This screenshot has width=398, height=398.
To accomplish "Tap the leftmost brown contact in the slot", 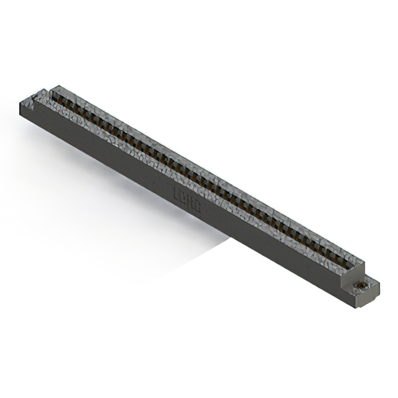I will [x=61, y=99].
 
